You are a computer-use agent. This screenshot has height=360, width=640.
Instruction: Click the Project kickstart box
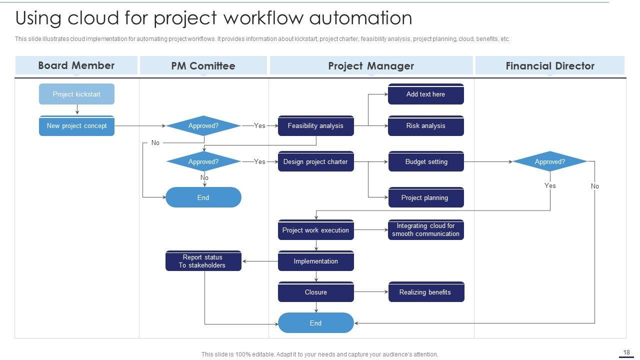[x=76, y=94]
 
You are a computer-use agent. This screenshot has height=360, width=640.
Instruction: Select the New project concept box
[x=76, y=126]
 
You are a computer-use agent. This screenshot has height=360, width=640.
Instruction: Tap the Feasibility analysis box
[x=315, y=126]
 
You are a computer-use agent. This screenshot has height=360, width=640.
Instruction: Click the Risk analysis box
[x=425, y=126]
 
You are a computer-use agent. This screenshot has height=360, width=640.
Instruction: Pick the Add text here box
[x=425, y=94]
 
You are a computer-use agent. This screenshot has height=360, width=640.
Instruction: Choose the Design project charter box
[x=315, y=161]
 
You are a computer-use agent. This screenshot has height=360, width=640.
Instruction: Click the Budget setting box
[x=426, y=161]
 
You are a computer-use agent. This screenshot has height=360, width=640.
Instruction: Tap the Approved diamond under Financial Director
[x=549, y=161]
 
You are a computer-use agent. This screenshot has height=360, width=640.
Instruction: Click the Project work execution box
[x=315, y=230]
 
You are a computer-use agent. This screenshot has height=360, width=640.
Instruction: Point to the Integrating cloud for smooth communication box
[x=425, y=230]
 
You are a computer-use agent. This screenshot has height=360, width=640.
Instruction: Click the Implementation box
[x=315, y=261]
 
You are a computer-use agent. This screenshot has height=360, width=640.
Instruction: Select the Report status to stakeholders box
[x=203, y=261]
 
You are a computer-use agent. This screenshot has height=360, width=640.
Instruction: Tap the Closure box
[x=315, y=292]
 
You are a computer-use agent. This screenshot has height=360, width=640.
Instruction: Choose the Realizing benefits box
[x=426, y=292]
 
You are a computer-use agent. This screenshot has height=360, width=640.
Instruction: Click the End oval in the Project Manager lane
[x=315, y=323]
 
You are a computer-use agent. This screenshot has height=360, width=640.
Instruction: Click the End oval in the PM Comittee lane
[x=203, y=197]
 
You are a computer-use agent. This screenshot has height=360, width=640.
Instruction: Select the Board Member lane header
[x=76, y=65]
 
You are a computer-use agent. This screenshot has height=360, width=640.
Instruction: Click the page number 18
[x=626, y=352]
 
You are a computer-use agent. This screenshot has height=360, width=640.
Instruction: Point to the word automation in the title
[x=360, y=18]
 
